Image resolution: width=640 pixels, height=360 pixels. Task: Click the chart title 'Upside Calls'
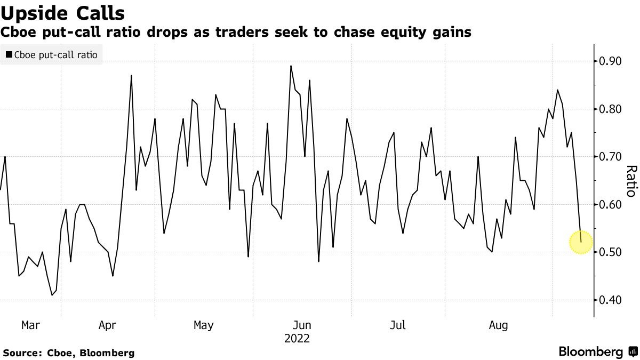[63, 13]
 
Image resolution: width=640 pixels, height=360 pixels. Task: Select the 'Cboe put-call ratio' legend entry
[52, 55]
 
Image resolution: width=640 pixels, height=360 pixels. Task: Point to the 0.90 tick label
[611, 61]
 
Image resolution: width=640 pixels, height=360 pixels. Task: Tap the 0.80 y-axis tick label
[611, 109]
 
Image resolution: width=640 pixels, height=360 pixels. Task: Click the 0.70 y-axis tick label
[611, 157]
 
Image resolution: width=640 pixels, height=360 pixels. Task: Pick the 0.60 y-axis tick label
[611, 205]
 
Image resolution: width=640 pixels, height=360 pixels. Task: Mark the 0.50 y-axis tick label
[611, 252]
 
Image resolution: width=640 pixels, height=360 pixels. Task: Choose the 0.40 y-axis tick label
[611, 300]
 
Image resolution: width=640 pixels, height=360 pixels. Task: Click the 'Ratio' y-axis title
[631, 181]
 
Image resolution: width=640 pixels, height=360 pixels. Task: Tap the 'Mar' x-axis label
[30, 325]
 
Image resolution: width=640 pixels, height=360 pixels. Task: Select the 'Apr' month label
[108, 325]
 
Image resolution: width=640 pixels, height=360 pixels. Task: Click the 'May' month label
[203, 325]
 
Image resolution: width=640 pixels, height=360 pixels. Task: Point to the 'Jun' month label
[302, 325]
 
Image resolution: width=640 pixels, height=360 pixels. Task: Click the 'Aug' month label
[498, 325]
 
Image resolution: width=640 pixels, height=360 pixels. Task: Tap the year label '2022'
[297, 338]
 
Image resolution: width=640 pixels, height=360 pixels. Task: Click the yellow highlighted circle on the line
[581, 242]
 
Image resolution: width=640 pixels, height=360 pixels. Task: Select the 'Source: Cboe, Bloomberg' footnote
[68, 353]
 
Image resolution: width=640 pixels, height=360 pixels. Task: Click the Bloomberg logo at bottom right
[596, 352]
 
